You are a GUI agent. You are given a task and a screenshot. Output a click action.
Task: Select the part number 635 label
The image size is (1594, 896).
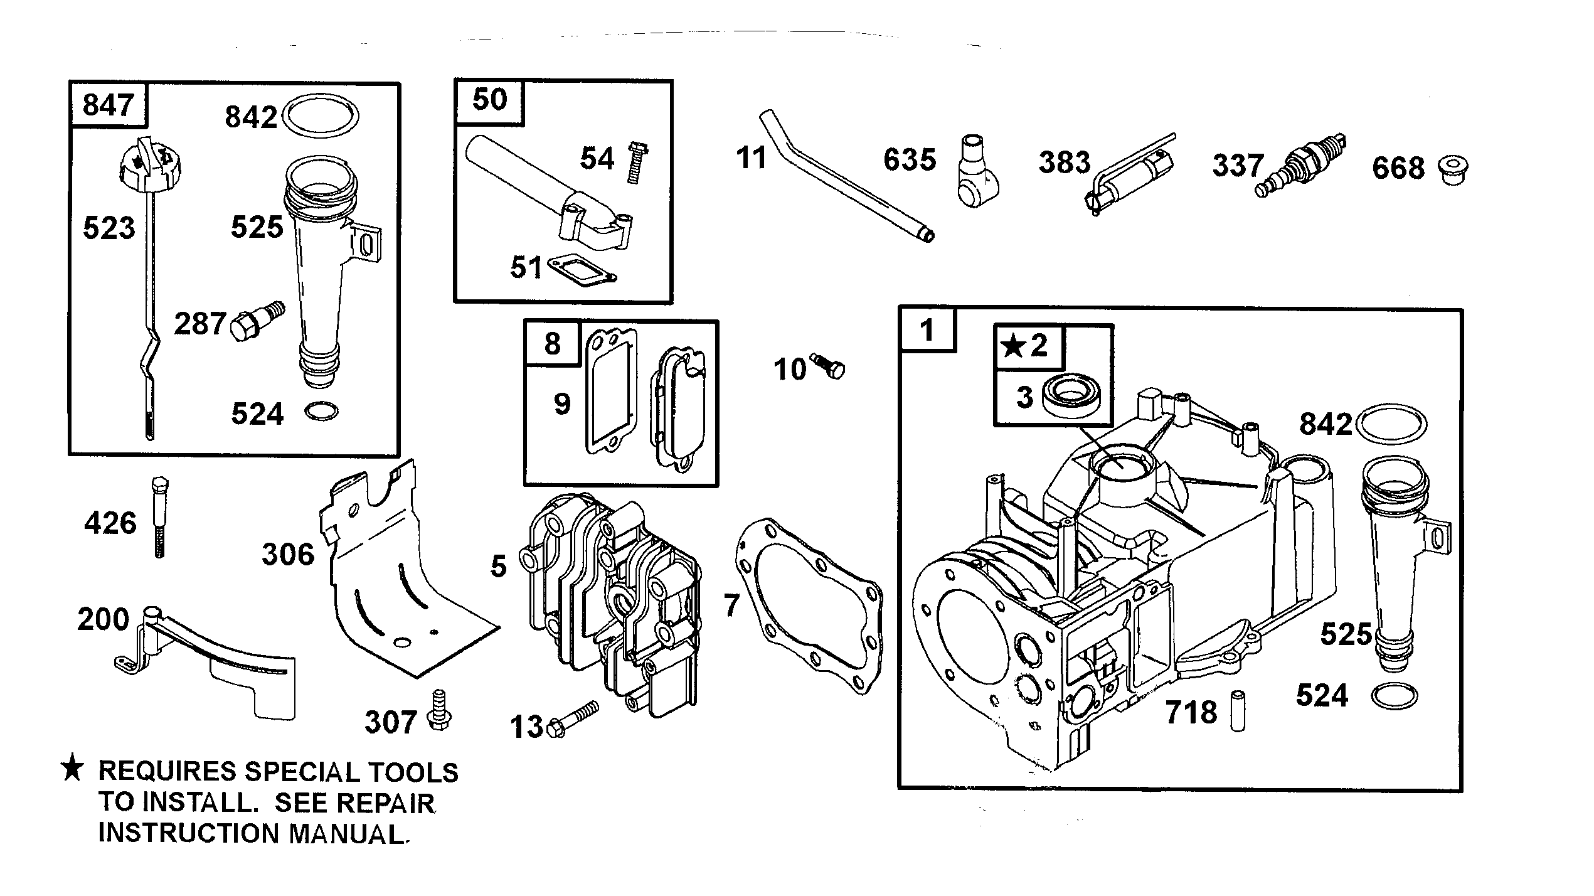coord(910,160)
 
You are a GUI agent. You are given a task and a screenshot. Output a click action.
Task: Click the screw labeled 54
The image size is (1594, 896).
coord(637,162)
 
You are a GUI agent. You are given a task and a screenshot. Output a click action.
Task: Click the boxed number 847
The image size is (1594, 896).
coord(108,105)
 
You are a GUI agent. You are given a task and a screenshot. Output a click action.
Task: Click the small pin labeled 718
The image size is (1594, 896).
coord(1236,710)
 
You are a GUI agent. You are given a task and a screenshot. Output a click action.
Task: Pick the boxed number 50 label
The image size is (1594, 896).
coord(489,100)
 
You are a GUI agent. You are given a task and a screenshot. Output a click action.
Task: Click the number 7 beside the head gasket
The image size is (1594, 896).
coord(731,605)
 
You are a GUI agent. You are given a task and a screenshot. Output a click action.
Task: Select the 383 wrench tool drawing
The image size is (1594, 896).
coord(1129,175)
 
